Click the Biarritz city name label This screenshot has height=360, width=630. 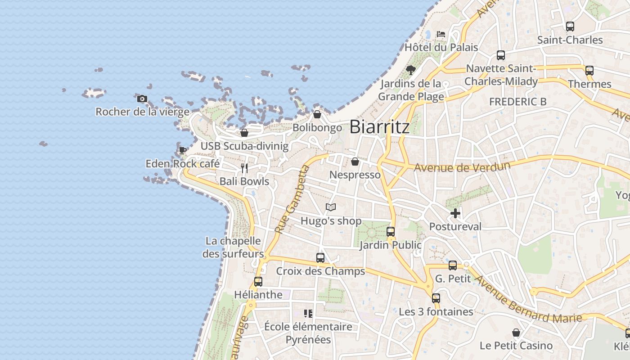click(x=379, y=127)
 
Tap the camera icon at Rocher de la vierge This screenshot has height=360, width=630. click(x=142, y=99)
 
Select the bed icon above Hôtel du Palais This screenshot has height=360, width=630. click(x=441, y=34)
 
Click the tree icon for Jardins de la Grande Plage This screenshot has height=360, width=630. click(x=410, y=70)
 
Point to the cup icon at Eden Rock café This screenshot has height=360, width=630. click(x=182, y=150)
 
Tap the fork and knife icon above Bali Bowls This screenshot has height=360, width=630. click(x=244, y=168)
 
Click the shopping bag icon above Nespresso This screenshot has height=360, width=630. click(x=355, y=162)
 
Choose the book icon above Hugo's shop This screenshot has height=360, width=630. click(x=331, y=207)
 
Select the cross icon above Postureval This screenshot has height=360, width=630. click(x=455, y=213)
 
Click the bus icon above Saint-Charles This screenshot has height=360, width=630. click(x=570, y=27)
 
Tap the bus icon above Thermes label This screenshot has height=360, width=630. click(x=589, y=71)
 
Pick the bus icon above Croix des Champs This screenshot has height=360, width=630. click(x=320, y=258)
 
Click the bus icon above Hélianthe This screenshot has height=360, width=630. click(x=258, y=282)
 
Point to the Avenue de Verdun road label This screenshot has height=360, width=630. click(x=462, y=167)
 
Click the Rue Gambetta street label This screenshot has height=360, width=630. click(x=292, y=199)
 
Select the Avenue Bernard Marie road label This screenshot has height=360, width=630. click(x=529, y=300)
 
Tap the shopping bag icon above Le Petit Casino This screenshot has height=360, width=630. click(x=516, y=333)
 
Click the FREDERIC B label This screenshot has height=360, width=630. click(x=517, y=102)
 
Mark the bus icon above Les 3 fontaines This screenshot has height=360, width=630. click(x=436, y=298)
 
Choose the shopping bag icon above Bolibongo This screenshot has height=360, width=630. click(x=317, y=114)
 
